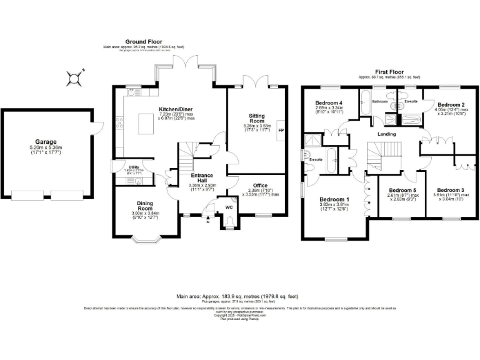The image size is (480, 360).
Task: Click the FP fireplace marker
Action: click(281, 131)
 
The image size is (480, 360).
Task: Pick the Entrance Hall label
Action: click(201, 178)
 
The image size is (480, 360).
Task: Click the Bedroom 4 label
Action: click(329, 102)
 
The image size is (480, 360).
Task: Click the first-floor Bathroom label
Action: click(380, 101)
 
